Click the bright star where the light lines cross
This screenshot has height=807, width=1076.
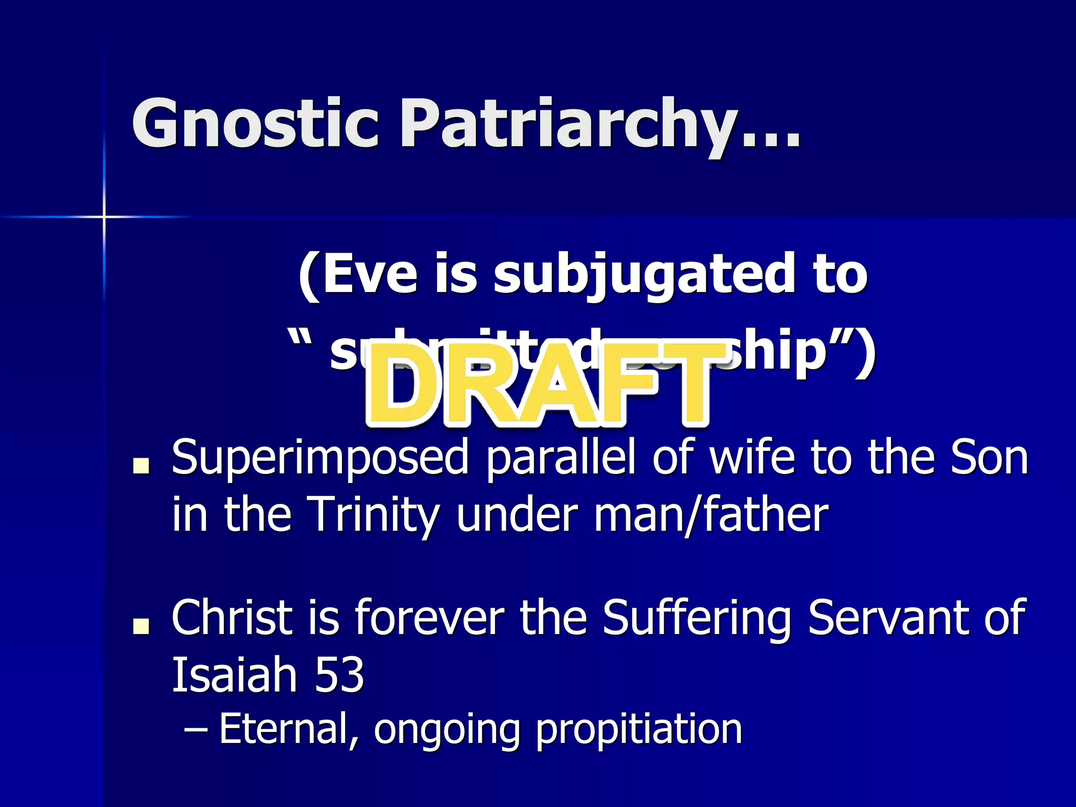[x=104, y=216]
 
